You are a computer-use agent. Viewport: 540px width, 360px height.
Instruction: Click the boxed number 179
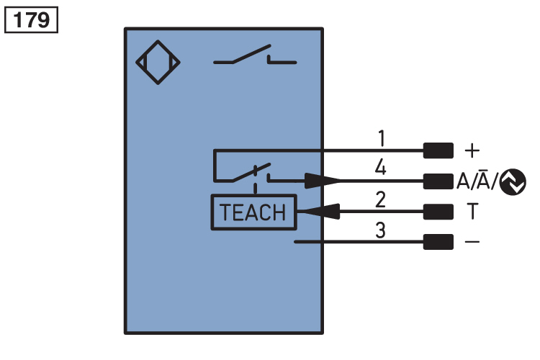click(31, 19)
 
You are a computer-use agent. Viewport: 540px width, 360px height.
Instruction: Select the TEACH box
click(252, 212)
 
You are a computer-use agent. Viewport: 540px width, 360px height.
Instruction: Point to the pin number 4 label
click(381, 168)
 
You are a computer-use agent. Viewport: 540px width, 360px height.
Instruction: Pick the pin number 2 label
click(382, 199)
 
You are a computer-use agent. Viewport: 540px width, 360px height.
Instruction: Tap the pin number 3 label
click(382, 230)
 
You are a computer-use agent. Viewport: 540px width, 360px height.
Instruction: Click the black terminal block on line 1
click(438, 150)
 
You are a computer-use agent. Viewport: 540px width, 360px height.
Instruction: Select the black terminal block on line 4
click(438, 181)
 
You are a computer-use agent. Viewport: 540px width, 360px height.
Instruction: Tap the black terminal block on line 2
click(438, 212)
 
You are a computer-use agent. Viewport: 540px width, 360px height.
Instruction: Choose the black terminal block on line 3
click(438, 242)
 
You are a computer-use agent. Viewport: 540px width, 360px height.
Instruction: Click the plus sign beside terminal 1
click(472, 150)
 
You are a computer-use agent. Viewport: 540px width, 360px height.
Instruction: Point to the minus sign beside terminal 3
click(472, 242)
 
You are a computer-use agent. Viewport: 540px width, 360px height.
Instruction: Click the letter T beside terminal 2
click(472, 212)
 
